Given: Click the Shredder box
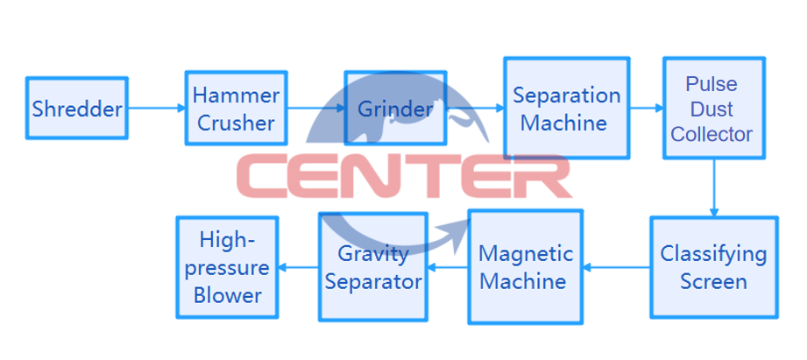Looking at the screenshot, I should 77,109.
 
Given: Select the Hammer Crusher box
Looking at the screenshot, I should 236,109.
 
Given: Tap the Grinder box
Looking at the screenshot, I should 394,109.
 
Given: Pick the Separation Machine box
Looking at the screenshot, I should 566,109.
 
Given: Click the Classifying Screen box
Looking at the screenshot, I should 713,267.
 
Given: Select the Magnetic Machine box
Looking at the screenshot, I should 525,267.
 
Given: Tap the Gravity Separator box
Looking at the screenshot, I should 373,267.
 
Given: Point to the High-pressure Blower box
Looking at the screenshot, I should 228,267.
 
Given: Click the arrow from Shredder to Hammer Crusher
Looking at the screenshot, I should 156,109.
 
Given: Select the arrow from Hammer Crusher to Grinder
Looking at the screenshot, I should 315,109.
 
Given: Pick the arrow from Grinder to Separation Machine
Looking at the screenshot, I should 475,109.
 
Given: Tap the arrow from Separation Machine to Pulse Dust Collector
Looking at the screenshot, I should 646,109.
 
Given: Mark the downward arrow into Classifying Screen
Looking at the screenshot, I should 714,187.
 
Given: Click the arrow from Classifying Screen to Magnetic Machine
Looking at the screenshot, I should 616,267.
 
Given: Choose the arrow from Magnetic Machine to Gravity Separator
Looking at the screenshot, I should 447,267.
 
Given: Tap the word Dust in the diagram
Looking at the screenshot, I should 711,109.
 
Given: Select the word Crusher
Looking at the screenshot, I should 236,124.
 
